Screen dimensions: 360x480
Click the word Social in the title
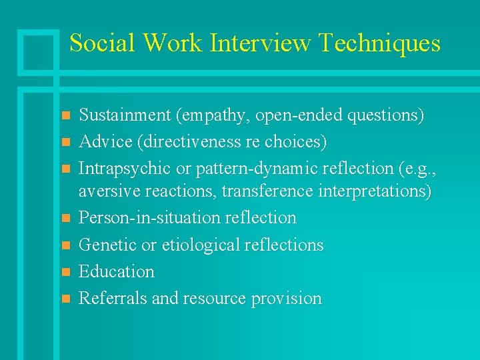pos(100,43)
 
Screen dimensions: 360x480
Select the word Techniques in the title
pos(379,43)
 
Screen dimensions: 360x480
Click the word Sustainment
pos(125,115)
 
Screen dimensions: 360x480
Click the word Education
pos(116,271)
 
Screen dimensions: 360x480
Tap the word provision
pos(287,298)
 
